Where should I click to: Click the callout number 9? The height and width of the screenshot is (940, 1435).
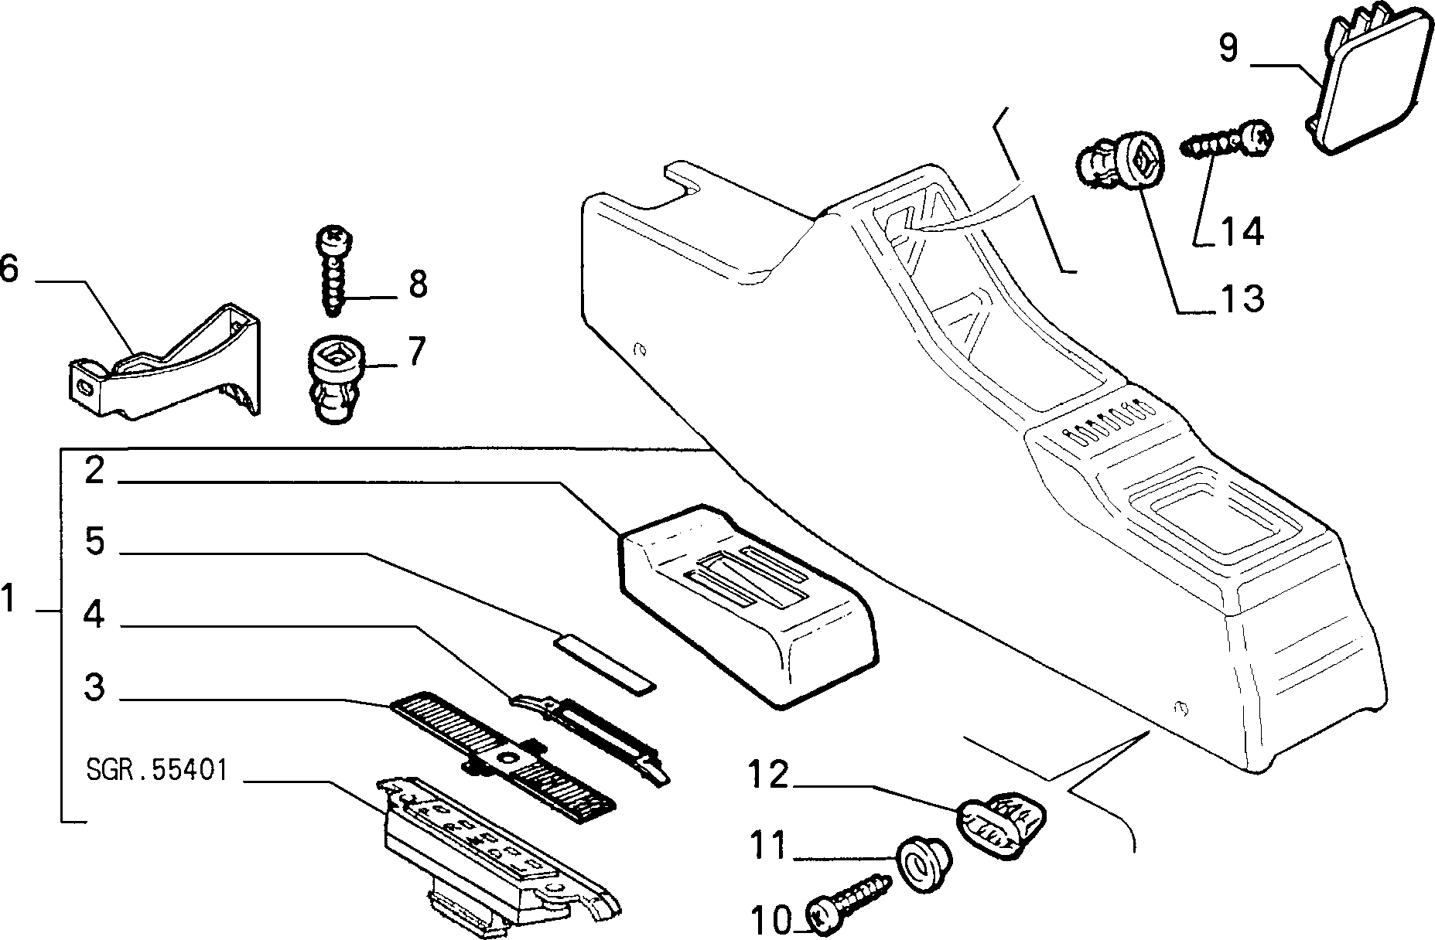(1228, 48)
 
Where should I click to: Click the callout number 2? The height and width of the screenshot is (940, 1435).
(94, 469)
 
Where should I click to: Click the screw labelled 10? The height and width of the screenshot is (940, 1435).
(848, 903)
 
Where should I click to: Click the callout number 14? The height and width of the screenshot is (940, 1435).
(1242, 231)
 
